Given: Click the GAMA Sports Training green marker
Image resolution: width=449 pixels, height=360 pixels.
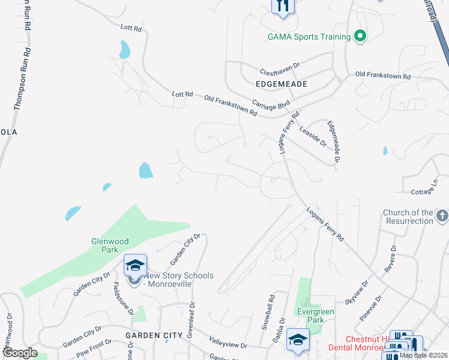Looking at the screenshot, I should coord(360,37).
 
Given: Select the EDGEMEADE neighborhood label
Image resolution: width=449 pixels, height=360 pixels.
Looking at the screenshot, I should coord(281,85).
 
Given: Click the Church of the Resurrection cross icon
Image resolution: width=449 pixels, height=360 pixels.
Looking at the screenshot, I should coord(441,215).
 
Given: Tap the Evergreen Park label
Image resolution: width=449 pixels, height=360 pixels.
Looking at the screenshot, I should coord(315,316).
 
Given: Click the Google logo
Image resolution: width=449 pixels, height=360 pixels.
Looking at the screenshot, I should coord(20,353).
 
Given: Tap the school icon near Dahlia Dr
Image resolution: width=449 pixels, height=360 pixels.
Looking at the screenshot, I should coord(298,340).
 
